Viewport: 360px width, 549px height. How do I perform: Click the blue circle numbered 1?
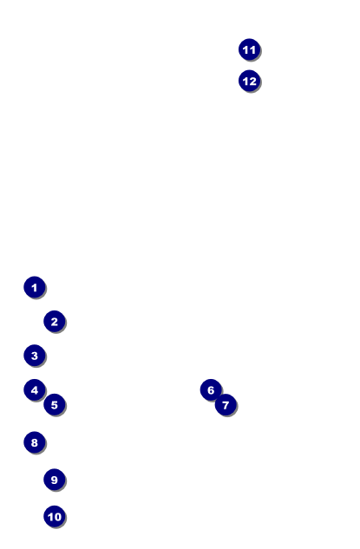pyautogui.click(x=35, y=287)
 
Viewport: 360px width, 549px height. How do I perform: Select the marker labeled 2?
pyautogui.click(x=55, y=321)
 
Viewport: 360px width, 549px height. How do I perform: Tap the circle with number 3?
pyautogui.click(x=35, y=356)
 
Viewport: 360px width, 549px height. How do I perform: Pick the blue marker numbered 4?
pyautogui.click(x=35, y=389)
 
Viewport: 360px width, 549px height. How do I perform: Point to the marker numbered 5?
pyautogui.click(x=55, y=404)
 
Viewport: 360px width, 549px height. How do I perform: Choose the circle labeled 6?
pyautogui.click(x=211, y=389)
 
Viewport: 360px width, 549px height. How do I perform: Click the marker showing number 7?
pyautogui.click(x=226, y=404)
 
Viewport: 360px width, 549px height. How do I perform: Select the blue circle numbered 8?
pyautogui.click(x=35, y=442)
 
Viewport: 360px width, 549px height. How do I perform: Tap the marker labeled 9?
pyautogui.click(x=55, y=480)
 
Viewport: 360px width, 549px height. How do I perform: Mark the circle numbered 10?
pyautogui.click(x=55, y=516)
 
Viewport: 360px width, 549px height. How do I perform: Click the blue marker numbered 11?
pyautogui.click(x=249, y=49)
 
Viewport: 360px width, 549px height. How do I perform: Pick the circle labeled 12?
pyautogui.click(x=249, y=81)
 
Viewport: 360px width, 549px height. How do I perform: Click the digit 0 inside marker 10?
pyautogui.click(x=57, y=517)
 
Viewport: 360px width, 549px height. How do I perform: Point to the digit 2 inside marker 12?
pyautogui.click(x=252, y=82)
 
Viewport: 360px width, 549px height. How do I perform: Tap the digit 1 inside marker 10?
pyautogui.click(x=50, y=517)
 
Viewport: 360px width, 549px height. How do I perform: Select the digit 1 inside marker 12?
pyautogui.click(x=245, y=82)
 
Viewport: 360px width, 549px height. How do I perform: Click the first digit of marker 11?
pyautogui.click(x=245, y=49)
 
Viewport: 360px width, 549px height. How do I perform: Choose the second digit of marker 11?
pyautogui.click(x=252, y=49)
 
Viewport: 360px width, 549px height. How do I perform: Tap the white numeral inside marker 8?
pyautogui.click(x=35, y=442)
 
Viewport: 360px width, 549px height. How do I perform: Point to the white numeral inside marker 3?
pyautogui.click(x=35, y=356)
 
